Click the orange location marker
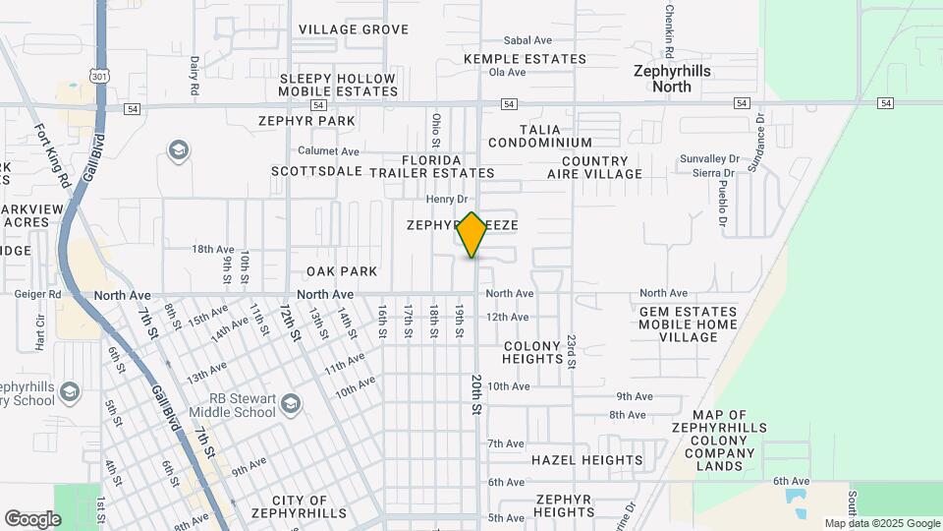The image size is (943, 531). [472, 235]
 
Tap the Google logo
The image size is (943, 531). [32, 518]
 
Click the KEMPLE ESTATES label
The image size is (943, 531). [525, 59]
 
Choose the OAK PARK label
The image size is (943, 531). [342, 271]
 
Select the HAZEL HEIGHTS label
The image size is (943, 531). [586, 460]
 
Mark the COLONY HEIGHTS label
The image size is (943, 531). [531, 352]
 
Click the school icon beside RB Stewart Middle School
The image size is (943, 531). [291, 403]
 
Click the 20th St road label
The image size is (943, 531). [477, 393]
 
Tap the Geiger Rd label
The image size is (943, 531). [38, 294]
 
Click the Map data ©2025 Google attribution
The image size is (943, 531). [881, 523]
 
